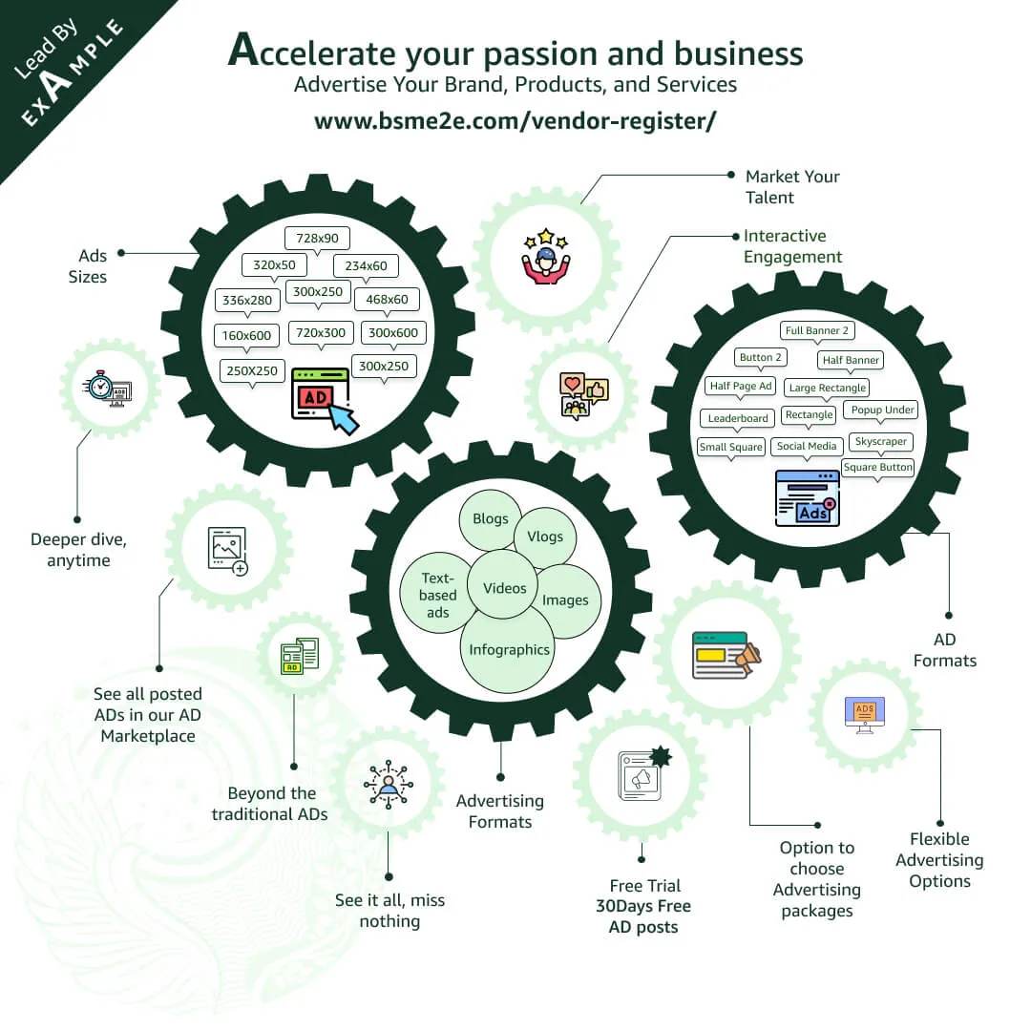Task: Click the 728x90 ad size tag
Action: (317, 239)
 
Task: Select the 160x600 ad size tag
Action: (246, 336)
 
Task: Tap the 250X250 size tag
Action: (252, 371)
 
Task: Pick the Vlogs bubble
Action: (544, 537)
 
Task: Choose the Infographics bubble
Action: (508, 649)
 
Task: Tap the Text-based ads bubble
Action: (437, 594)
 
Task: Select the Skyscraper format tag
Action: (880, 442)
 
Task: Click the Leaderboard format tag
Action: (737, 419)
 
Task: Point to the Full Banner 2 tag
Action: (816, 330)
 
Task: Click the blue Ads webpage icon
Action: (808, 498)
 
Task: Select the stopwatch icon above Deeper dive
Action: (107, 388)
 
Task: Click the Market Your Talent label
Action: (792, 187)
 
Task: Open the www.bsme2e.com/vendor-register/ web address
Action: (515, 121)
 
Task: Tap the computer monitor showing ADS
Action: (865, 715)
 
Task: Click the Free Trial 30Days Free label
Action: (643, 895)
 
